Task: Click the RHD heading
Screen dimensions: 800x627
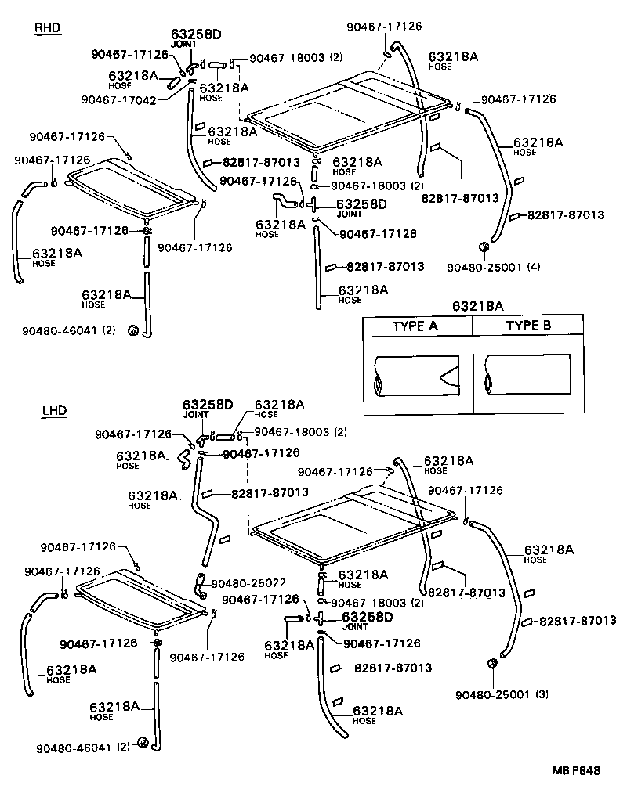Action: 48,29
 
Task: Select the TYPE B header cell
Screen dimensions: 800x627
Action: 528,326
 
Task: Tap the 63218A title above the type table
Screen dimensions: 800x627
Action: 477,305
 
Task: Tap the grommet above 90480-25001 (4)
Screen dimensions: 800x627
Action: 484,248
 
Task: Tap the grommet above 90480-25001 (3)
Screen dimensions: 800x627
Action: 494,664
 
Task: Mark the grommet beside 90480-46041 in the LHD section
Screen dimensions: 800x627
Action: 143,742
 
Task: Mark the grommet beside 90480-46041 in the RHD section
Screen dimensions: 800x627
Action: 133,330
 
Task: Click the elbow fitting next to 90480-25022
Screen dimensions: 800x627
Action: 200,583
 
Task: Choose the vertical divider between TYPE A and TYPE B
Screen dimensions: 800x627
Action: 473,364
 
